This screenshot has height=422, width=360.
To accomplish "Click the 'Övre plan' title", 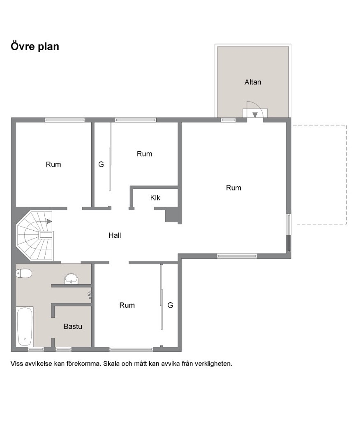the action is pyautogui.click(x=35, y=46).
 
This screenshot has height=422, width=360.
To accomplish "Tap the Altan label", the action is pyautogui.click(x=253, y=82).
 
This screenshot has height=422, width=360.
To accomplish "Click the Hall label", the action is pyautogui.click(x=115, y=235).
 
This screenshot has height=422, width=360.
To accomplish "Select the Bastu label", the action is pyautogui.click(x=73, y=326).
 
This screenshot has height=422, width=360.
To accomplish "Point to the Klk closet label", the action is pyautogui.click(x=155, y=198).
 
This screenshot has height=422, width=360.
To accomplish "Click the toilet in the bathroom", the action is pyautogui.click(x=24, y=274).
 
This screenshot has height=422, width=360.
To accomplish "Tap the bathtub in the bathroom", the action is pyautogui.click(x=25, y=327).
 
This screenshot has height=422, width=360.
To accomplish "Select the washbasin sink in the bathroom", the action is pyautogui.click(x=71, y=278).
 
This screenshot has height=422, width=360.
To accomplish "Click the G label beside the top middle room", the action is pyautogui.click(x=101, y=164).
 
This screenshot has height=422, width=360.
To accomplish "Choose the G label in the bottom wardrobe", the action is pyautogui.click(x=170, y=305).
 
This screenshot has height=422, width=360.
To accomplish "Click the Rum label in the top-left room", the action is pyautogui.click(x=53, y=164).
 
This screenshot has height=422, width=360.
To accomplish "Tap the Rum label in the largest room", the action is pyautogui.click(x=233, y=188).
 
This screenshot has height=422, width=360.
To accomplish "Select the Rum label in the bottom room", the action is pyautogui.click(x=127, y=305).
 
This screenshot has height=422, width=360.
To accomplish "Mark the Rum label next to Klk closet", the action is pyautogui.click(x=144, y=154).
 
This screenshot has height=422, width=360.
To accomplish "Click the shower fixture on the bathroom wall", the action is pyautogui.click(x=90, y=295).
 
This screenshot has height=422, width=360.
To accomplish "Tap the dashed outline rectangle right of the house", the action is pyautogui.click(x=346, y=174).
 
